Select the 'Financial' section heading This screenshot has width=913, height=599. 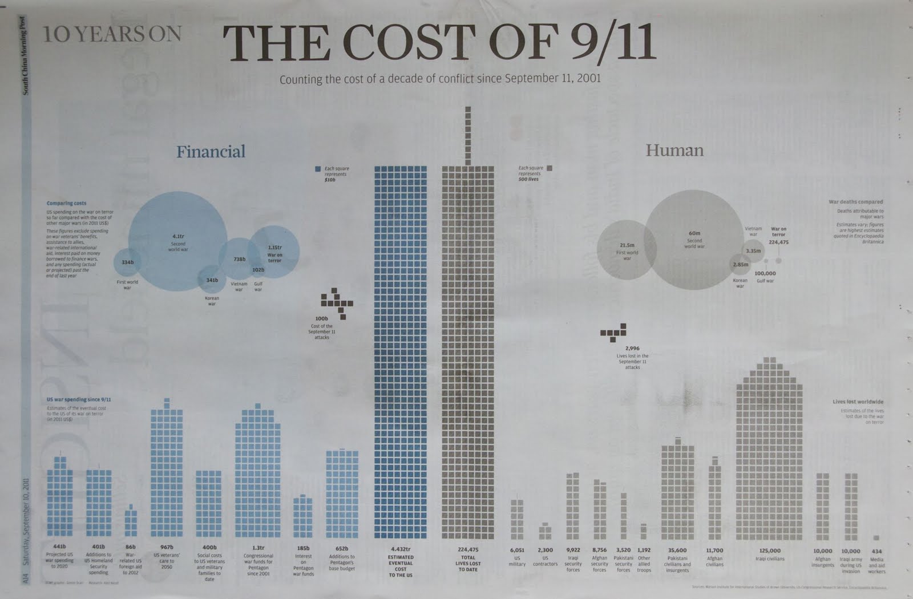click(x=211, y=151)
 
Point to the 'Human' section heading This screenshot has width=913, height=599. click(x=674, y=150)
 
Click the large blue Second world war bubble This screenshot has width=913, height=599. click(x=177, y=241)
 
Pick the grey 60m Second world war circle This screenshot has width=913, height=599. click(x=694, y=240)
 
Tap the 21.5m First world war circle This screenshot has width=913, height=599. click(x=627, y=250)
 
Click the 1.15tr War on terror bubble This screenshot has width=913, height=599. click(x=274, y=252)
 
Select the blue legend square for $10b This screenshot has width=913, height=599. click(x=318, y=169)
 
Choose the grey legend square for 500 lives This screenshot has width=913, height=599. click(x=549, y=168)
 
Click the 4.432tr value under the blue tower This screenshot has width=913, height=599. click(x=401, y=549)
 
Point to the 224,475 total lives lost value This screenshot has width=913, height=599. click(x=468, y=549)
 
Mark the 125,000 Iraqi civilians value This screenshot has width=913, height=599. click(x=770, y=551)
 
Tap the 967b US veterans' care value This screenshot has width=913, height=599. click(x=166, y=547)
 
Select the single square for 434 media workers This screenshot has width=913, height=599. click(x=876, y=537)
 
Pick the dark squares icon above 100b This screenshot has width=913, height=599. click(x=337, y=302)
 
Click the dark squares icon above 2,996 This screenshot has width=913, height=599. click(x=614, y=332)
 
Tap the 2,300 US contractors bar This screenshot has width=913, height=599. click(x=545, y=532)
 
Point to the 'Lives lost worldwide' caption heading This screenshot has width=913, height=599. click(x=858, y=402)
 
